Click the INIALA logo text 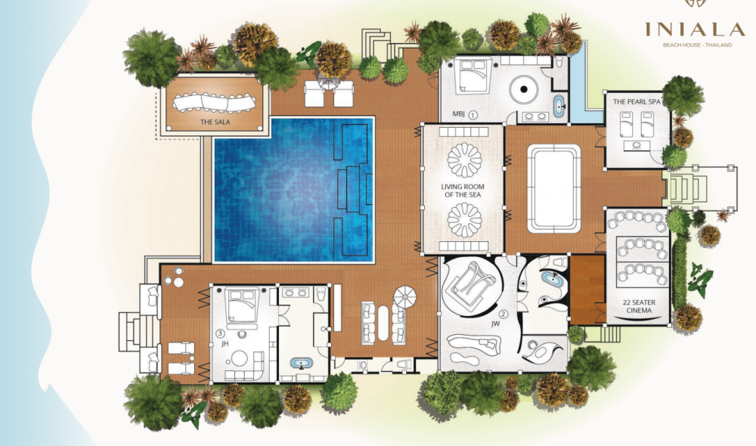pos(695,30)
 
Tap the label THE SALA pos(215,122)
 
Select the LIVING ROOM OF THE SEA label pos(463,190)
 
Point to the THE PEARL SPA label pos(637,101)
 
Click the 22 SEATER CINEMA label pos(639,306)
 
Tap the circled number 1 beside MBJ pos(473,115)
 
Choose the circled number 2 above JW pos(503,314)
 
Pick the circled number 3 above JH pos(220,333)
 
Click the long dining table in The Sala pos(215,102)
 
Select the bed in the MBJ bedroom pos(472,75)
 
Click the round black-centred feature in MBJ pos(524,88)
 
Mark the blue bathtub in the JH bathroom pos(302,363)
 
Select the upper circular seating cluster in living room pos(464,160)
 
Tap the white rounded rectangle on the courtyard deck pos(553,188)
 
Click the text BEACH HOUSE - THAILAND pos(697,45)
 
